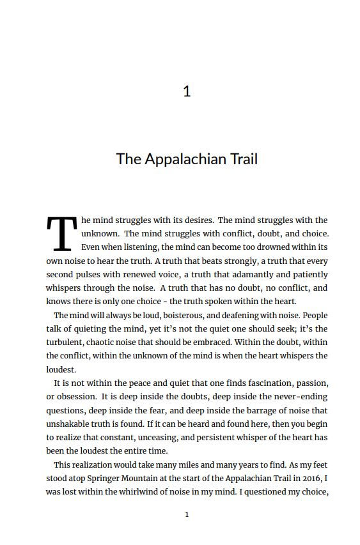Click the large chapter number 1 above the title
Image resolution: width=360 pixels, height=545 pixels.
coord(187,91)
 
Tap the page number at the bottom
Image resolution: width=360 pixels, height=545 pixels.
coord(187,514)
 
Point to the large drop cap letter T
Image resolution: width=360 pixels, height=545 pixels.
coord(61,234)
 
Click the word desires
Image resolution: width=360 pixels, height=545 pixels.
coord(196,220)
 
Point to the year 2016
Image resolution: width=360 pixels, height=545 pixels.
coord(312,478)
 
